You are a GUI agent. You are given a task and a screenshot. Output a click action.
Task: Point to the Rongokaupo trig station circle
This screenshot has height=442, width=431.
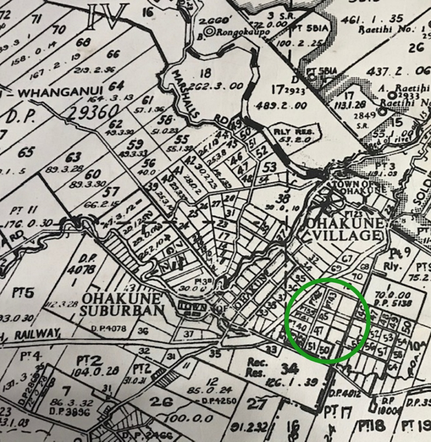pyautogui.click(x=208, y=32)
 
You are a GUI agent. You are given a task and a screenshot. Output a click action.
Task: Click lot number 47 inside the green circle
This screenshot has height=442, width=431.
pyautogui.click(x=319, y=331)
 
